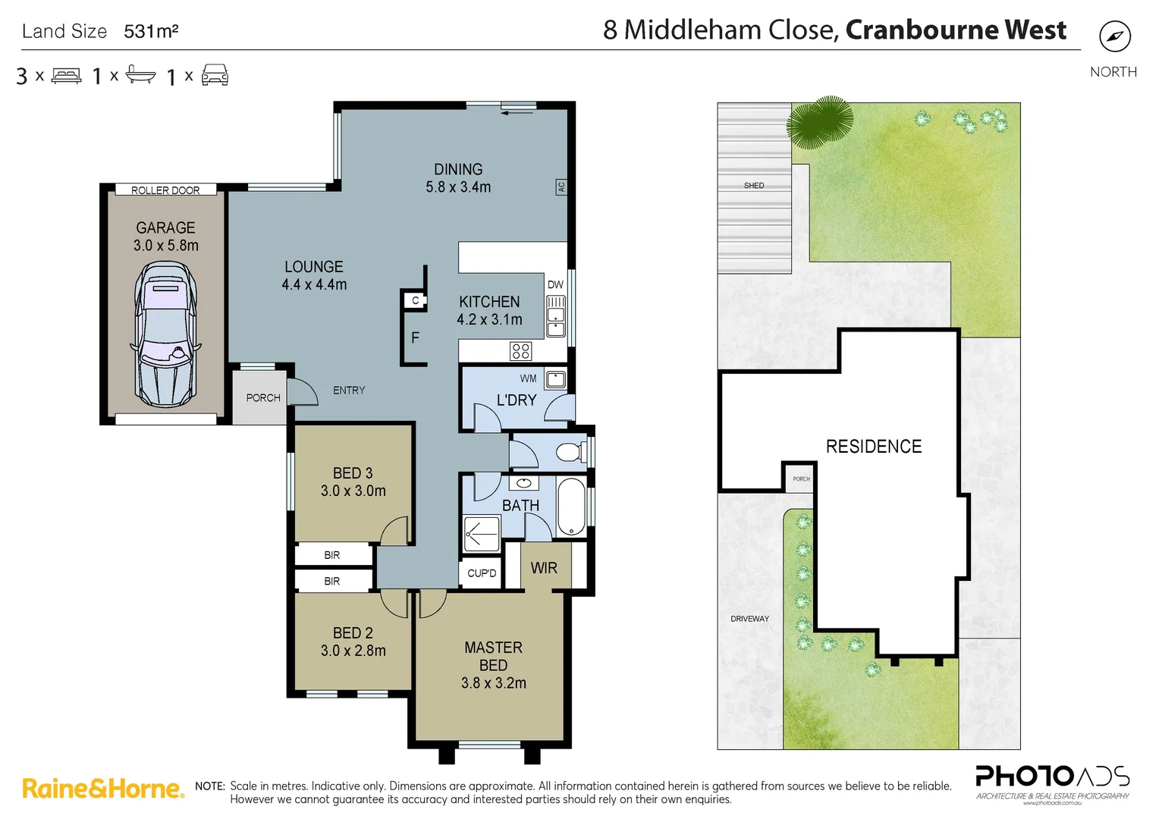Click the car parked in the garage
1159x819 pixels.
click(x=165, y=334)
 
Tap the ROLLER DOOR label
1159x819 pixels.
click(x=165, y=190)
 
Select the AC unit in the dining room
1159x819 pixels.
click(x=561, y=187)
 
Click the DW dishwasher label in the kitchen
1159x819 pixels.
click(x=555, y=284)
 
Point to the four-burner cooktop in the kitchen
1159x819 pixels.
click(x=520, y=350)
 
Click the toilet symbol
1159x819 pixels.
click(x=570, y=453)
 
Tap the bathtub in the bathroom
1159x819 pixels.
click(x=570, y=507)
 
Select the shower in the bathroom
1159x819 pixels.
click(x=482, y=534)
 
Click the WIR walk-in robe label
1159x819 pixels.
click(x=544, y=568)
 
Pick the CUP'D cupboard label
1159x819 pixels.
click(x=482, y=573)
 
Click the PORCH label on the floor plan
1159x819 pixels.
click(x=263, y=397)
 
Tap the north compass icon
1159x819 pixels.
click(x=1114, y=36)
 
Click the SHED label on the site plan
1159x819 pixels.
click(x=754, y=185)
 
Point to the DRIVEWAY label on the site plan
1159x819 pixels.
click(x=749, y=619)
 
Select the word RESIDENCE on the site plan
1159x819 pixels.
click(x=874, y=447)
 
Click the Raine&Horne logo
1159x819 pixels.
click(x=103, y=789)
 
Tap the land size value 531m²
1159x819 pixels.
click(x=151, y=31)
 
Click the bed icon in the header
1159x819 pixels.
click(x=66, y=76)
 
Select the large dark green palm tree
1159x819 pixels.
click(x=821, y=121)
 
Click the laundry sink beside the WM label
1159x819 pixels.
click(x=555, y=378)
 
